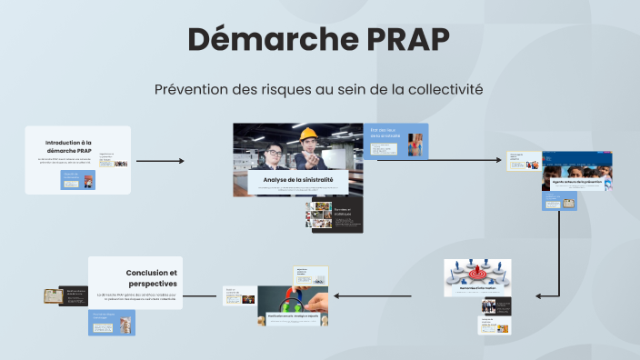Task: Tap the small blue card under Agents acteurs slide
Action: tap(560, 202)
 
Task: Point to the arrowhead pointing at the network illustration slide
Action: tap(541, 295)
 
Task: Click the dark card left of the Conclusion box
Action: tap(73, 295)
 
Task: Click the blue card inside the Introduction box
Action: tap(77, 179)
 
